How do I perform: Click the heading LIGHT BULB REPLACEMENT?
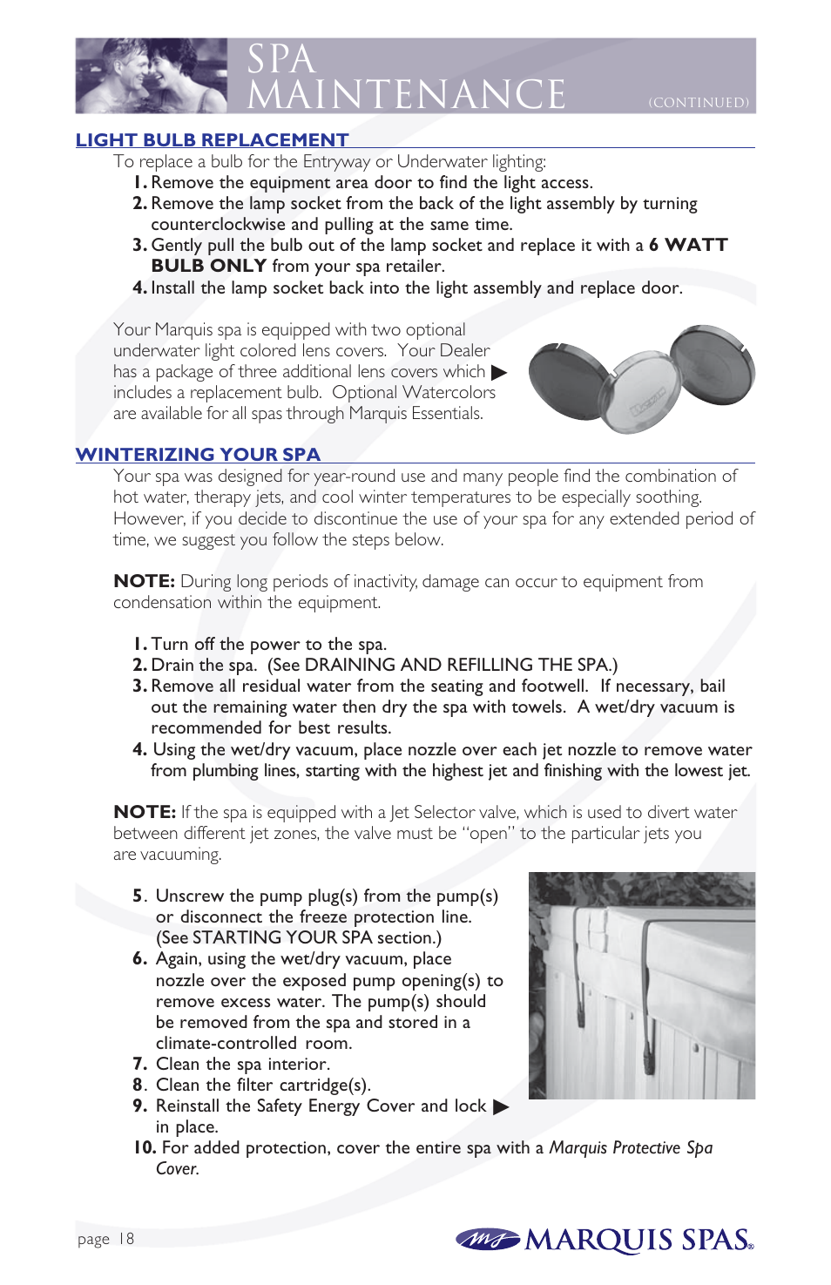(212, 140)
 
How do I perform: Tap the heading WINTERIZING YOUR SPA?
(198, 455)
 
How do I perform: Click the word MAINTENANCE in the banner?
(406, 95)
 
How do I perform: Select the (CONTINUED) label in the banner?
(699, 103)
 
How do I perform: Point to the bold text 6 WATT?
(688, 246)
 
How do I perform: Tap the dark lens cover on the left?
(571, 382)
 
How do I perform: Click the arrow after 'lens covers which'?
(499, 373)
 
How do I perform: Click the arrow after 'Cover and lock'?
(501, 1107)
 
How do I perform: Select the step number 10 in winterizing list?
(145, 1148)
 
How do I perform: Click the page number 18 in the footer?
(126, 1239)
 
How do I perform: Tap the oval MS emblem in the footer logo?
(487, 1239)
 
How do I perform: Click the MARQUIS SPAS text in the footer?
(638, 1241)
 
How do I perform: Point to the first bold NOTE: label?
(145, 582)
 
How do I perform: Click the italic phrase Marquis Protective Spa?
(631, 1148)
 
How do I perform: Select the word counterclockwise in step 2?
(218, 225)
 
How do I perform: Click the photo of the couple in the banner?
(152, 76)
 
